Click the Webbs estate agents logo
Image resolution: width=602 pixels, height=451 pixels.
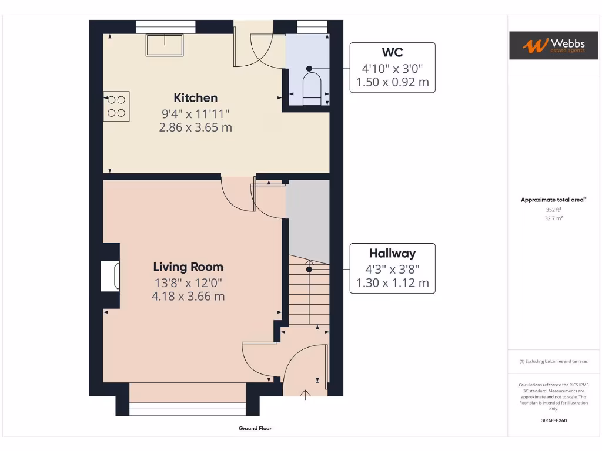(549, 45)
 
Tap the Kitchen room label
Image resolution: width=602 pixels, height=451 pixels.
(195, 98)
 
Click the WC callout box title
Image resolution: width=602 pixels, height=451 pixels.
(393, 52)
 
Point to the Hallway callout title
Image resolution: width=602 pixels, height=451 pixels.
(392, 254)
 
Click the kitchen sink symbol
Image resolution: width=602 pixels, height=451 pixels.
(165, 45)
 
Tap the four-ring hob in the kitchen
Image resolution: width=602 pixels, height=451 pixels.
(116, 106)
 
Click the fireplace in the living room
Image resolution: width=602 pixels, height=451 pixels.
(111, 276)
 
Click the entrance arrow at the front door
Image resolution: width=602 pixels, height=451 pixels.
(305, 394)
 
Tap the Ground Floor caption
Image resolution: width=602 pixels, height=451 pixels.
(255, 429)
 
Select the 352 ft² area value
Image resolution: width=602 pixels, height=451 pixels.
(553, 209)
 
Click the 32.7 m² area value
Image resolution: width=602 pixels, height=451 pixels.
(553, 218)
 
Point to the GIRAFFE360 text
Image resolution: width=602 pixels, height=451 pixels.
(553, 420)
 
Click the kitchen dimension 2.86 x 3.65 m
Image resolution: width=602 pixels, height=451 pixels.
(195, 127)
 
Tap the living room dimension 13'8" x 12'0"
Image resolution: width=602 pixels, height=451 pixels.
(188, 282)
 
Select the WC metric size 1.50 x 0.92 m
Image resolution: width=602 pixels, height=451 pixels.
(392, 82)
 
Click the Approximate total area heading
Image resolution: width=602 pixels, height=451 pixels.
(553, 200)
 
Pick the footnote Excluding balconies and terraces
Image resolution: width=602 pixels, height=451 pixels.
(553, 361)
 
